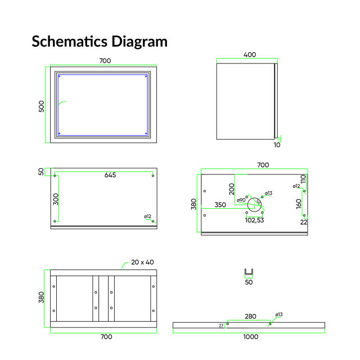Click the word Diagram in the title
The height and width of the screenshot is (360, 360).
coord(139,43)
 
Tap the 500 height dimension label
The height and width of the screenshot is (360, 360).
coord(42,106)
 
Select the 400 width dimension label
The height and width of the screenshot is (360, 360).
coord(250,55)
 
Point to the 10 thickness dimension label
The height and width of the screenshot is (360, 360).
coord(277,145)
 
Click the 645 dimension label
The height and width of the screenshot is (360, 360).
coord(110,175)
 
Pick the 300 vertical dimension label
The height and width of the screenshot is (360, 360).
coord(56,199)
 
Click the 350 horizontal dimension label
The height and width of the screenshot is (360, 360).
coord(220,205)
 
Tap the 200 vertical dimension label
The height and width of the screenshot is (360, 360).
coord(232,189)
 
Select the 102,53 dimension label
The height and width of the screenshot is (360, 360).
coord(255,220)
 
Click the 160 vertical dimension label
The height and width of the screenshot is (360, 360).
coord(299,204)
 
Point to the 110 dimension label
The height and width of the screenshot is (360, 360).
coord(303,179)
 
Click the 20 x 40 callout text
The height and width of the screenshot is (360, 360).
coord(142,262)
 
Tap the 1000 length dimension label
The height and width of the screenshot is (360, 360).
coord(251,337)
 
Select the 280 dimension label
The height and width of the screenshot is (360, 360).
coord(250,316)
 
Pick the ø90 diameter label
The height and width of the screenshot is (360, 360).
coord(241,200)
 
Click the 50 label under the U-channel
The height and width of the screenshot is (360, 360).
coord(249,282)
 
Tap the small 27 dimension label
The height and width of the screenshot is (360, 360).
coord(221,326)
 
